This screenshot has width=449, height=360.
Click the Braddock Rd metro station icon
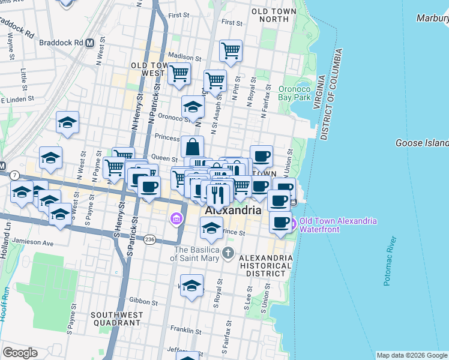89,43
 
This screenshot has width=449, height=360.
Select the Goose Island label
422,143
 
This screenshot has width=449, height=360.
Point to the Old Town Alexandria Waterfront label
338,225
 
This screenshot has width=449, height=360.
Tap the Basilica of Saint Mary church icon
228,252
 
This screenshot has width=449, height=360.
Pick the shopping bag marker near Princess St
192,146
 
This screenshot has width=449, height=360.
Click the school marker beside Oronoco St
193,107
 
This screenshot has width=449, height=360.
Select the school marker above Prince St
211,227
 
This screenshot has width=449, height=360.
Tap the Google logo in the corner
20,353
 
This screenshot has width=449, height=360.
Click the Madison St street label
183,56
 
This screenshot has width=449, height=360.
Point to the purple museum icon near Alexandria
176,219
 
